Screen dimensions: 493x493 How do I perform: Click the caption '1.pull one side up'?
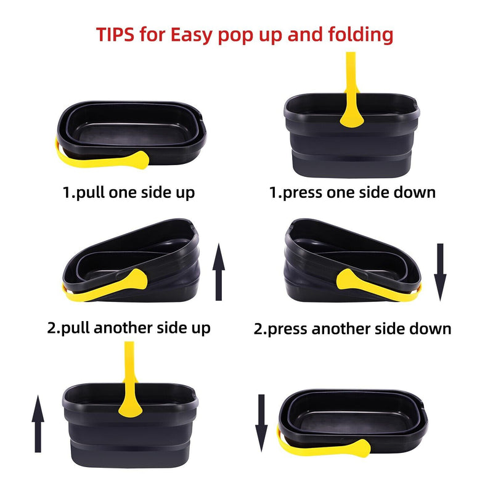click(x=129, y=192)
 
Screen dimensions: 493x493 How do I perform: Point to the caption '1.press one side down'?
click(x=352, y=192)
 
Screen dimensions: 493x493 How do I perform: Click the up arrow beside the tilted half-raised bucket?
click(x=219, y=271)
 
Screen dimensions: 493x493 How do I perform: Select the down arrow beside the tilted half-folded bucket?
click(x=440, y=271)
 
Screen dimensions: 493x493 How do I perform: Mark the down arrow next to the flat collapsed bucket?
click(x=261, y=423)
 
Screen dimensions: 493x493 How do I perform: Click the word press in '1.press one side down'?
click(x=303, y=193)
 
